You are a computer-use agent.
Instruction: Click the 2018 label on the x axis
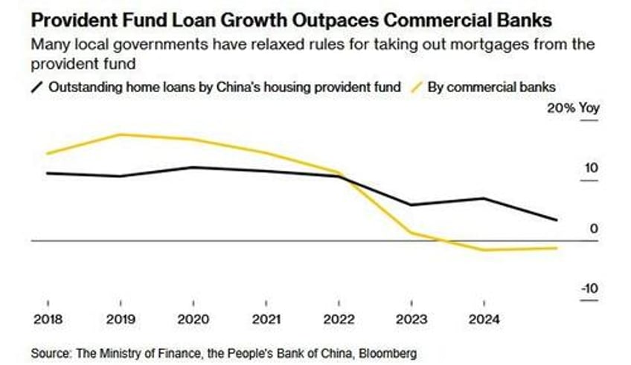[48, 321]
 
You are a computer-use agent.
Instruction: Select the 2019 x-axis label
[121, 321]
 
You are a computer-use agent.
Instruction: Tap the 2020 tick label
[193, 321]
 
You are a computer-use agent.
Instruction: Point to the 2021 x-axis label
[266, 321]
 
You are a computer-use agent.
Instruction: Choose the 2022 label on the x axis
[339, 321]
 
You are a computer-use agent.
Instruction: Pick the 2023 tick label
[412, 321]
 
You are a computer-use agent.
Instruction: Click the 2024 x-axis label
[485, 321]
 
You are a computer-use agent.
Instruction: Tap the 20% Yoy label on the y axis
[573, 108]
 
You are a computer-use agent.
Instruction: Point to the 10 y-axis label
[591, 168]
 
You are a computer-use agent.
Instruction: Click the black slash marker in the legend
[37, 88]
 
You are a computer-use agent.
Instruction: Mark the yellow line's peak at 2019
[121, 135]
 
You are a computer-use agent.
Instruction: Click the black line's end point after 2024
[557, 220]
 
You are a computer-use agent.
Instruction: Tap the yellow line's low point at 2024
[485, 250]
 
